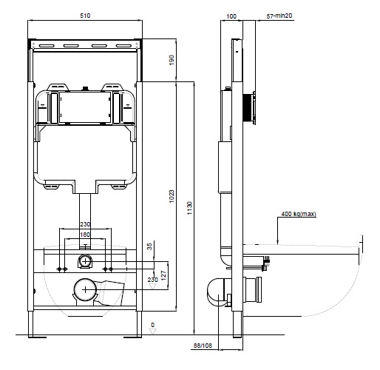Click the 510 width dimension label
click(85, 16)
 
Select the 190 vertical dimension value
click(172, 60)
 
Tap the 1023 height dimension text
click(172, 196)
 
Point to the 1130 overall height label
click(189, 208)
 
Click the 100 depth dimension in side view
click(231, 16)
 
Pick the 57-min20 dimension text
click(279, 16)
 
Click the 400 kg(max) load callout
click(299, 214)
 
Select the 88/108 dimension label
click(203, 346)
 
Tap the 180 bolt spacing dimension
click(85, 235)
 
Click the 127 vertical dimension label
click(163, 275)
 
